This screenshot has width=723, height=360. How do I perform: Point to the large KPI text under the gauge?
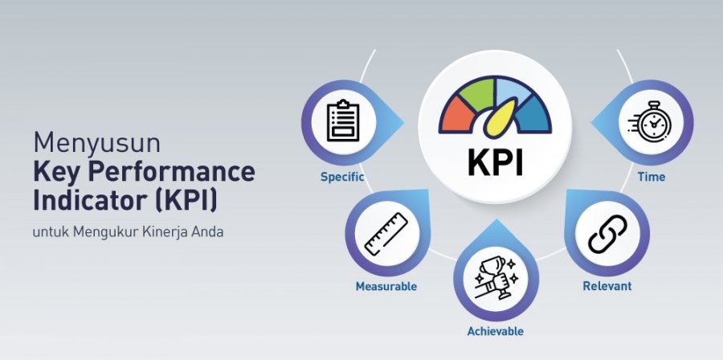[x=496, y=163]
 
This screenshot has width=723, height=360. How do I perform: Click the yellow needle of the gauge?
[x=500, y=119]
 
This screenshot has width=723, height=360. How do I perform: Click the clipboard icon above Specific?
[x=343, y=121]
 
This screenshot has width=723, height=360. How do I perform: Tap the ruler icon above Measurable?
[x=386, y=234]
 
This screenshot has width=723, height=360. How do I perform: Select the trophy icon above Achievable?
[x=496, y=279]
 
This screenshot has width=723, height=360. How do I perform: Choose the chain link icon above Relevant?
[x=608, y=234]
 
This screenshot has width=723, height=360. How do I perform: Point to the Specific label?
[x=342, y=177]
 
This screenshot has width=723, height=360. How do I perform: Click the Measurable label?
[x=386, y=286]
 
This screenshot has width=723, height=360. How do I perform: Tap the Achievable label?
[x=495, y=331]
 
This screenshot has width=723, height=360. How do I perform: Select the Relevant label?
[x=607, y=286]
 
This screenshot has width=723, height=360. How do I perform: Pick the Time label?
[x=652, y=177]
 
